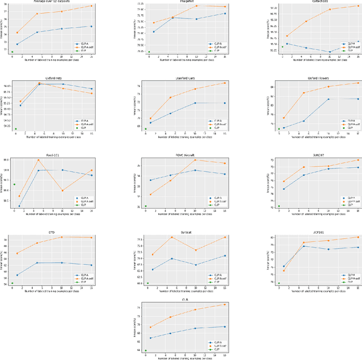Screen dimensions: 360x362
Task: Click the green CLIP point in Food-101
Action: pos(14,184)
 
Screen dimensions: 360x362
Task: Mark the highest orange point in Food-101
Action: pos(38,160)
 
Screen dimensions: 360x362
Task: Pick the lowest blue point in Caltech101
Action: pos(330,52)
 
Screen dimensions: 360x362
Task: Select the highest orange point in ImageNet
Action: pos(196,6)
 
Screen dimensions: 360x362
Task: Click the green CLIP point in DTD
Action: pos(12,283)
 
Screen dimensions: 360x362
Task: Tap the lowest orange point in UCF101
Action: pos(284,271)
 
